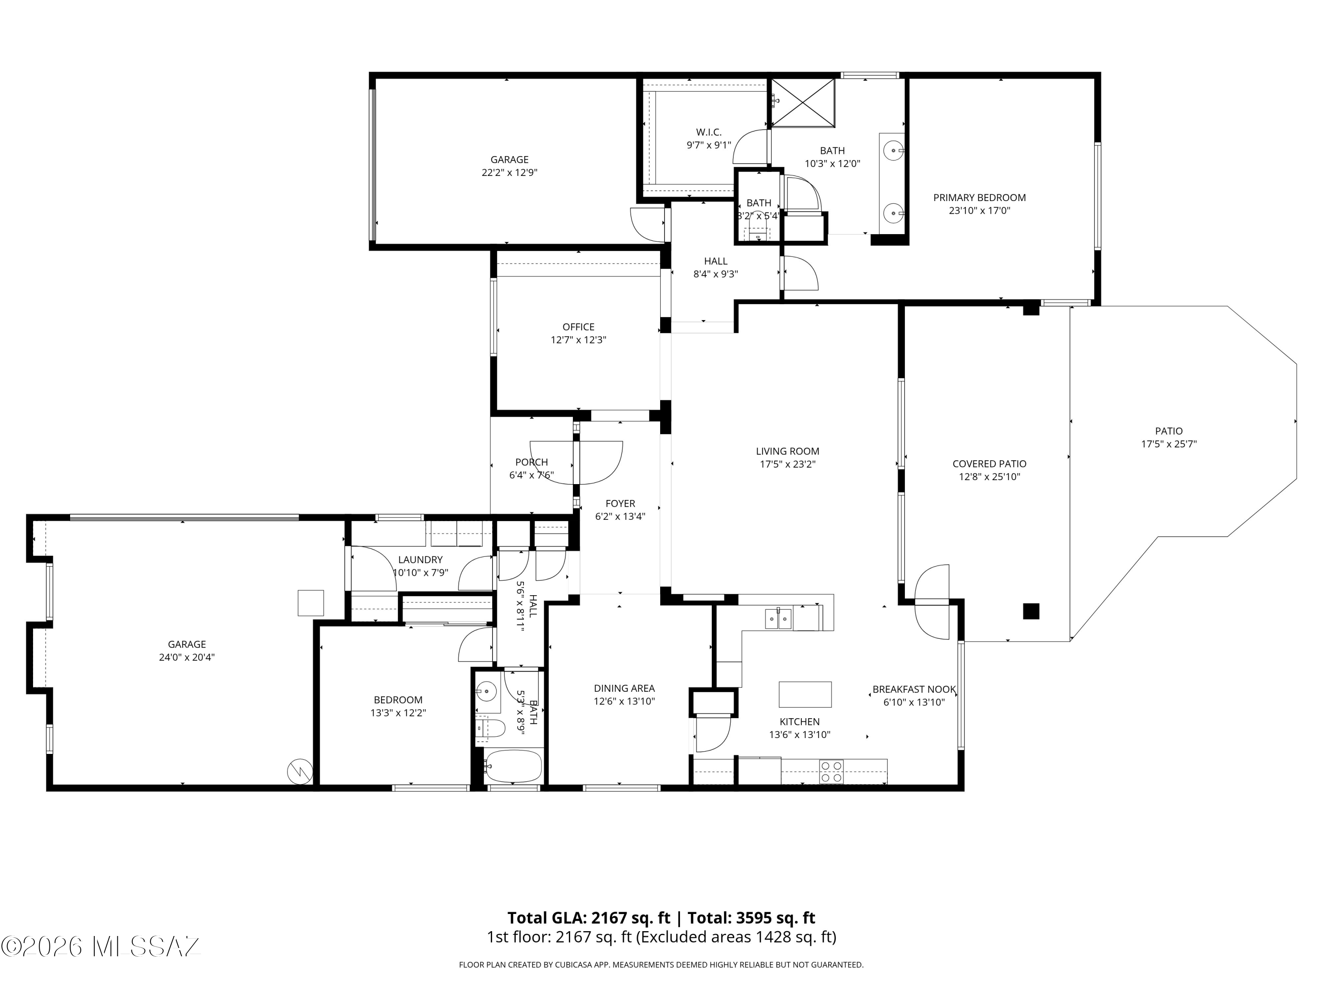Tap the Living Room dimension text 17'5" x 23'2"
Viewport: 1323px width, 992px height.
[787, 464]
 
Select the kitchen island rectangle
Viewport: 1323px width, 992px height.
[804, 694]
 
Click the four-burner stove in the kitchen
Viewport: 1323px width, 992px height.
[831, 772]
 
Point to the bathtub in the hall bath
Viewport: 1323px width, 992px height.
[514, 767]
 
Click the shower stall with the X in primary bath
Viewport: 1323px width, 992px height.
[803, 102]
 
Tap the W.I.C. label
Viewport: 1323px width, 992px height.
[709, 132]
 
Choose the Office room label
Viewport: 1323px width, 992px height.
[578, 327]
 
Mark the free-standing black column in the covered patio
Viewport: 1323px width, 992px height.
[1031, 611]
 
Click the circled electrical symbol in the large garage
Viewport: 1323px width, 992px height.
[299, 772]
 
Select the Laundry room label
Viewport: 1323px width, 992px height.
[420, 559]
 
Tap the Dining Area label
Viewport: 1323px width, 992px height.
[624, 688]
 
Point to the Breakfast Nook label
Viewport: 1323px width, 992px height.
[914, 690]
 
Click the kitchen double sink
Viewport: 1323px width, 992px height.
[779, 619]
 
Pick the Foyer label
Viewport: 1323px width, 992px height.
[620, 503]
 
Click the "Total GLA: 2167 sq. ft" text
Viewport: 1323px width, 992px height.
[589, 918]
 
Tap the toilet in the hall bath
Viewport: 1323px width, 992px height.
[492, 728]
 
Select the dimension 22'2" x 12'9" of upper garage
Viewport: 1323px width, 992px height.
[510, 172]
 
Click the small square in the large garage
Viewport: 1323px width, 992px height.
[310, 603]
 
